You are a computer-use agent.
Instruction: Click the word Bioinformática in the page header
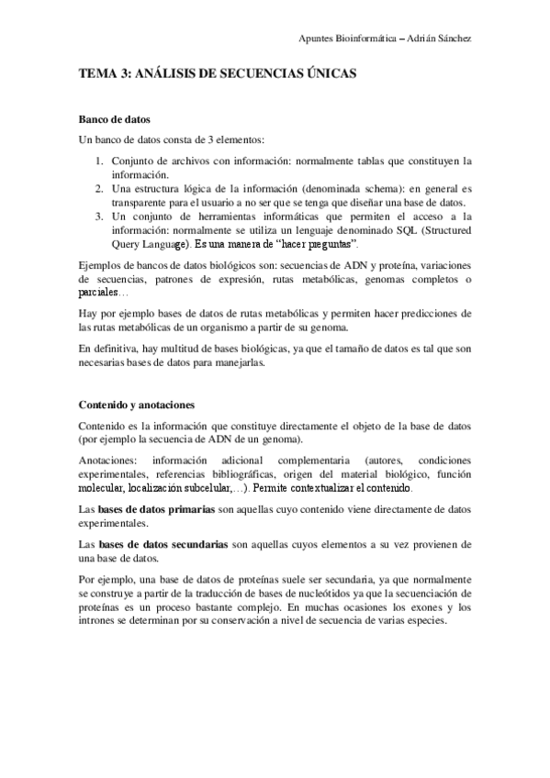[375, 38]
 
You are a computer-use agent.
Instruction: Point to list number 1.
[100, 160]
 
